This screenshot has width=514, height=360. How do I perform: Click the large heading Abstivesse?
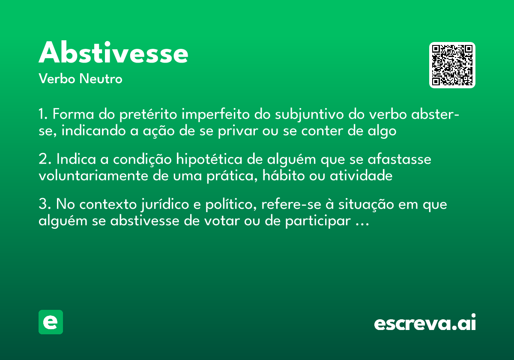point(114,53)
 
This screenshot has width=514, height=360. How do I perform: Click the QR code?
point(452,65)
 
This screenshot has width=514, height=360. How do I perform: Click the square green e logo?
point(51,322)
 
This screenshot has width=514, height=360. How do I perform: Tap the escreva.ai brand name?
point(425,323)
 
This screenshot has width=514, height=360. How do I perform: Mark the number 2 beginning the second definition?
point(43,159)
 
